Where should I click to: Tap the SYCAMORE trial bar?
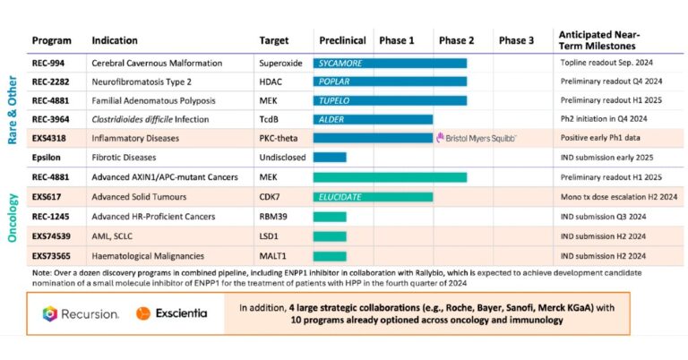(390, 64)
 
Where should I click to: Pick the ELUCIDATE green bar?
(373, 196)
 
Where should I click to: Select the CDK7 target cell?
(271, 196)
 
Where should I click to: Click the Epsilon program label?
(47, 158)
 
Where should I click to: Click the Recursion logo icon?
(50, 313)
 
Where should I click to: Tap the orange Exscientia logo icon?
(142, 313)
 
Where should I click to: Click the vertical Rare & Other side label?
(14, 112)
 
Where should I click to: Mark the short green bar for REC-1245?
(330, 215)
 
